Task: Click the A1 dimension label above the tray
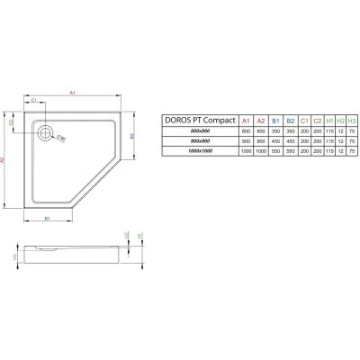coord(73,89)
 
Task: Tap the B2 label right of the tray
coord(132,136)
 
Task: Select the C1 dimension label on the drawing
coord(35,100)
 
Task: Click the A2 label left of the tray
coord(6,159)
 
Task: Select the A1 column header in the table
coord(237,118)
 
